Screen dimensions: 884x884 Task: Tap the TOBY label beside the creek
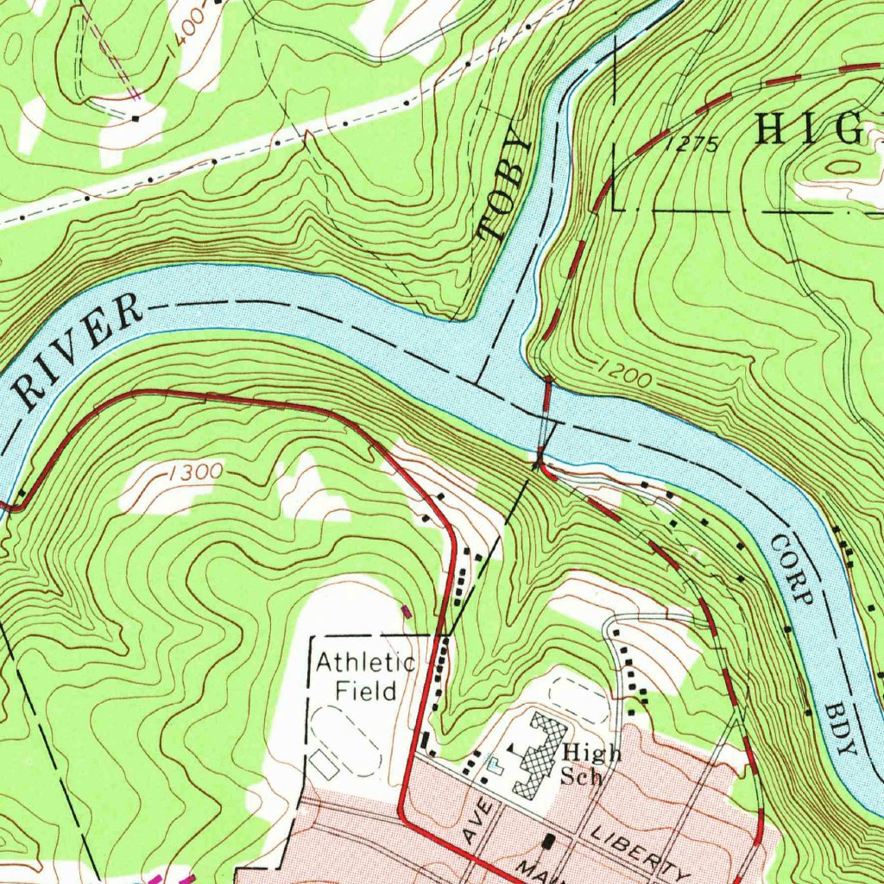[x=503, y=185]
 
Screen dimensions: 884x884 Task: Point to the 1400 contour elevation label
[x=188, y=35]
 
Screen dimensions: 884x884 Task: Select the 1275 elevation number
[x=692, y=145]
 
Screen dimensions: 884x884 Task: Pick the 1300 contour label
[x=195, y=472]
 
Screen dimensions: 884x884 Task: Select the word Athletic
[x=365, y=663]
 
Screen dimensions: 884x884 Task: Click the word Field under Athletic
[x=366, y=691]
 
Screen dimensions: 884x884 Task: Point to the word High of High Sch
[x=590, y=753]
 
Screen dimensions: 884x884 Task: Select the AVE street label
[x=477, y=822]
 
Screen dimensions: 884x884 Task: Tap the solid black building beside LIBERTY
[x=549, y=840]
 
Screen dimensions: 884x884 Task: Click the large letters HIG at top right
[x=808, y=129]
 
